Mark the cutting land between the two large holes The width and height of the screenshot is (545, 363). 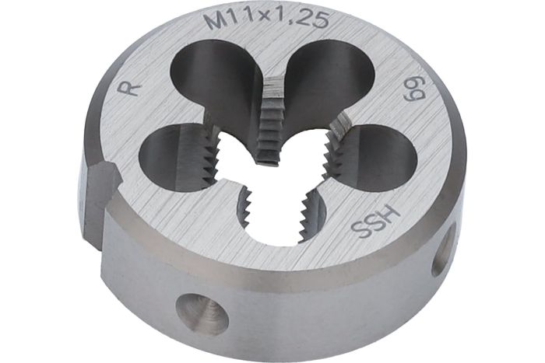272,117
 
